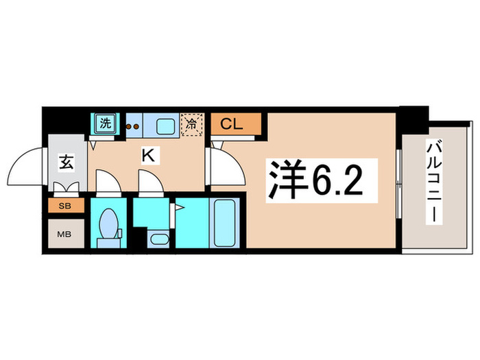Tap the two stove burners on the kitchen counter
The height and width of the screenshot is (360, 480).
[132, 126]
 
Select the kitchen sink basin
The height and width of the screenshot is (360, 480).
[165, 126]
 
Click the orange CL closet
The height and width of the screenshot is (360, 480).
[236, 125]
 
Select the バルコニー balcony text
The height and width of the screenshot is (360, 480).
[433, 181]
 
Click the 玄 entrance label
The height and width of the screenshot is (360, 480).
[65, 163]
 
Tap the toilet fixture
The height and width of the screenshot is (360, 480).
[108, 226]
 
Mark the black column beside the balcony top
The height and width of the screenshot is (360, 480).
[413, 119]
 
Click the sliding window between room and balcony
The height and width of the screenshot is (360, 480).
[398, 182]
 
